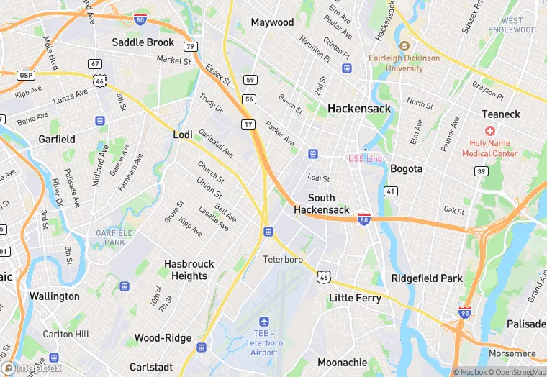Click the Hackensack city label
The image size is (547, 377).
click(x=359, y=109)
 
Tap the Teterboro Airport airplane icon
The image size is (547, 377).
click(x=264, y=321)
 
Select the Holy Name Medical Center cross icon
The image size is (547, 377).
click(x=490, y=131)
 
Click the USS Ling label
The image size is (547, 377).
click(x=365, y=158)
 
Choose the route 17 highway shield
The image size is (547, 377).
click(x=247, y=124)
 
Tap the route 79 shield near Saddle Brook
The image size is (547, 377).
click(x=191, y=47)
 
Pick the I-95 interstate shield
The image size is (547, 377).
click(x=465, y=312)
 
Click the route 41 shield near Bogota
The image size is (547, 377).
click(x=390, y=191)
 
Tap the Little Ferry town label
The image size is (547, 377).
click(x=354, y=297)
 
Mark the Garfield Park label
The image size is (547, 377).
click(x=114, y=237)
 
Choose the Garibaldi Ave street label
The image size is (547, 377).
click(x=216, y=143)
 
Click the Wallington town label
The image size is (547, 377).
click(x=55, y=296)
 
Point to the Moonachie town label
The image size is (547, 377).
click(x=343, y=363)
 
